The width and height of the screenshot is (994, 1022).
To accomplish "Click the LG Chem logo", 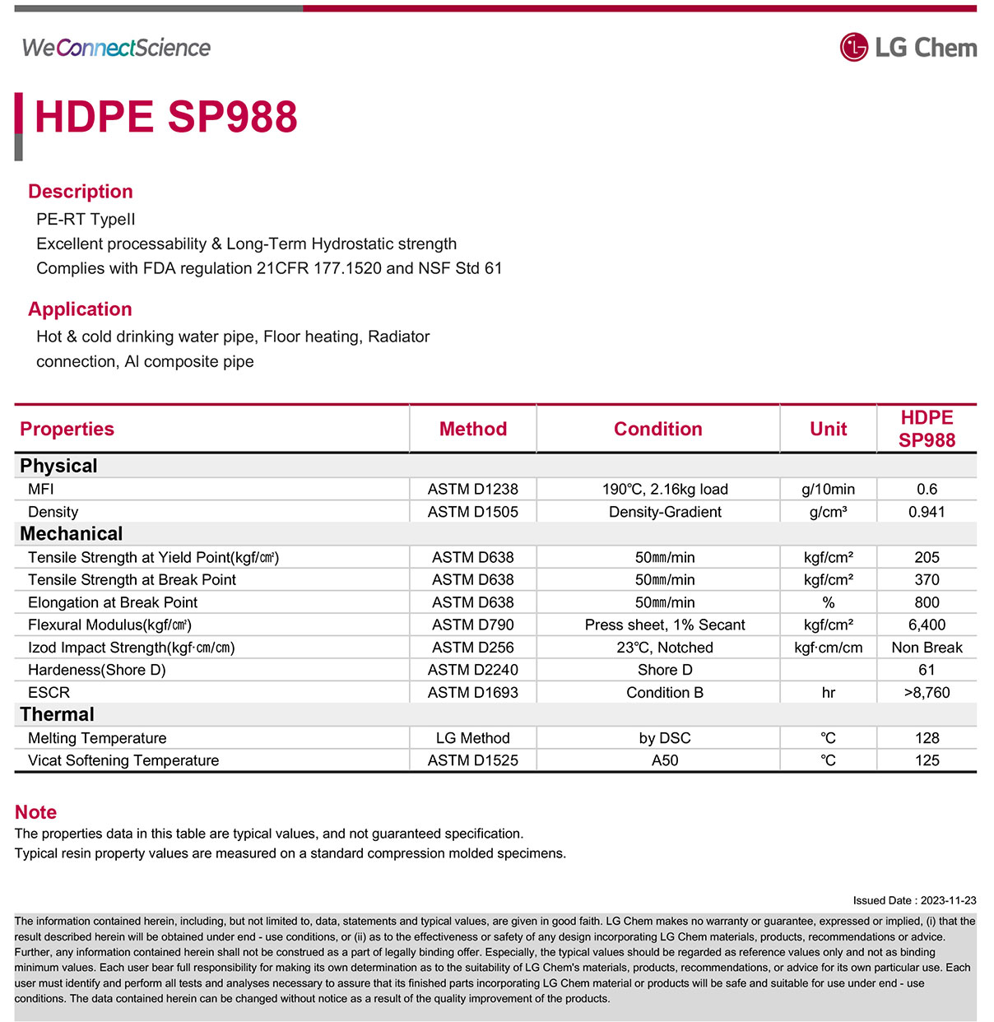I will pos(908,48).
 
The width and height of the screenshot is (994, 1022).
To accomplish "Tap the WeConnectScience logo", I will pos(116,48).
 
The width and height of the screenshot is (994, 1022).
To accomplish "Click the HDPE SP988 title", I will pos(165,117).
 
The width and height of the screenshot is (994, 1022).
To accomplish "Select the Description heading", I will pos(81,192).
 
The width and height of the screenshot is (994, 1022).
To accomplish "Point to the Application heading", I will pos(80,309).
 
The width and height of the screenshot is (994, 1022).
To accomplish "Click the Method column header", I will pos(472,429).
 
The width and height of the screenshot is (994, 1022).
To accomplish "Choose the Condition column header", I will pos(657,429).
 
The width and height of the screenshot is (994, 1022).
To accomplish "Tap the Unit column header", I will pos(828,429).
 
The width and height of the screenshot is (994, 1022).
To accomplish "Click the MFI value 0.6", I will pos(927,489).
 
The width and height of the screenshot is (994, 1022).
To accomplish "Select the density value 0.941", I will pos(927,512).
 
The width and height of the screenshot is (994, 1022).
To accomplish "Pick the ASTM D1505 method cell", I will pos(472,512).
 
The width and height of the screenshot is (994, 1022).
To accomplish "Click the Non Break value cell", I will pos(927,648).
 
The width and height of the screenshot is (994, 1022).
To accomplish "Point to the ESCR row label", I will pos(49,693).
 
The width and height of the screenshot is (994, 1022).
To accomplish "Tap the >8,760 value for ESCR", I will pos(927,693).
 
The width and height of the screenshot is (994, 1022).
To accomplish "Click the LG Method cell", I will pos(472,738).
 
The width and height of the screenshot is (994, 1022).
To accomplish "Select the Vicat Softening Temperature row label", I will pos(123,760).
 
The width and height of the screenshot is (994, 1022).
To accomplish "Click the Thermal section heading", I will pos(57,714).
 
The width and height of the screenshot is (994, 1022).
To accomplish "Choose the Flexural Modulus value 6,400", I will pos(927,625).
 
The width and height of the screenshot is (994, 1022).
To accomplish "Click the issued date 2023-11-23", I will pos(948,900).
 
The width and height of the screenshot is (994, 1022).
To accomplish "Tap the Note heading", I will pos(35,812).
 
